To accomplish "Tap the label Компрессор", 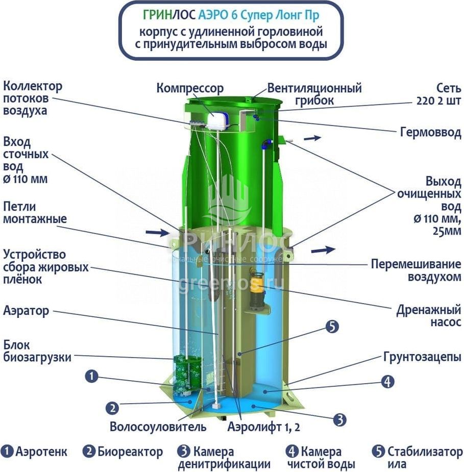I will [190, 88].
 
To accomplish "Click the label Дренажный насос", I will [429, 316].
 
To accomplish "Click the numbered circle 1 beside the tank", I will [91, 377].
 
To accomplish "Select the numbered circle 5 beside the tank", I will [332, 327].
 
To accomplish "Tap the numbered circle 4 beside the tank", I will [388, 381].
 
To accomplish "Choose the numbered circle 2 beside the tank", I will [112, 408].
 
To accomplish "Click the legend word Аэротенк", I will [41, 452].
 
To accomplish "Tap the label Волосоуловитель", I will [158, 427].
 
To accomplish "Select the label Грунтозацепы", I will [422, 357].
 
